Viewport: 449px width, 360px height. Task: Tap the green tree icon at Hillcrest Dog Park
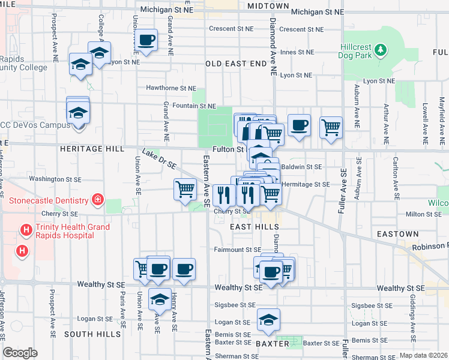[381, 50]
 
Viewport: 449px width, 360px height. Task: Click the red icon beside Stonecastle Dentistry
[96, 199]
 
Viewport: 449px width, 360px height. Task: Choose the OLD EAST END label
[236, 63]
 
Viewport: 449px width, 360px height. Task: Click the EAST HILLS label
[255, 227]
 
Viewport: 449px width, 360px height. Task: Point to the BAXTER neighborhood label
[273, 344]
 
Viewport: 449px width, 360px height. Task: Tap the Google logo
[20, 353]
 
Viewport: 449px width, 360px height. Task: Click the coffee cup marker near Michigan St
[146, 41]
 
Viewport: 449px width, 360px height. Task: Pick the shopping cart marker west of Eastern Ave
[185, 190]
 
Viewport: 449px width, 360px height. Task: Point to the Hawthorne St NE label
[171, 88]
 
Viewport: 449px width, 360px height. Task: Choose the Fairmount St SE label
[238, 250]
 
